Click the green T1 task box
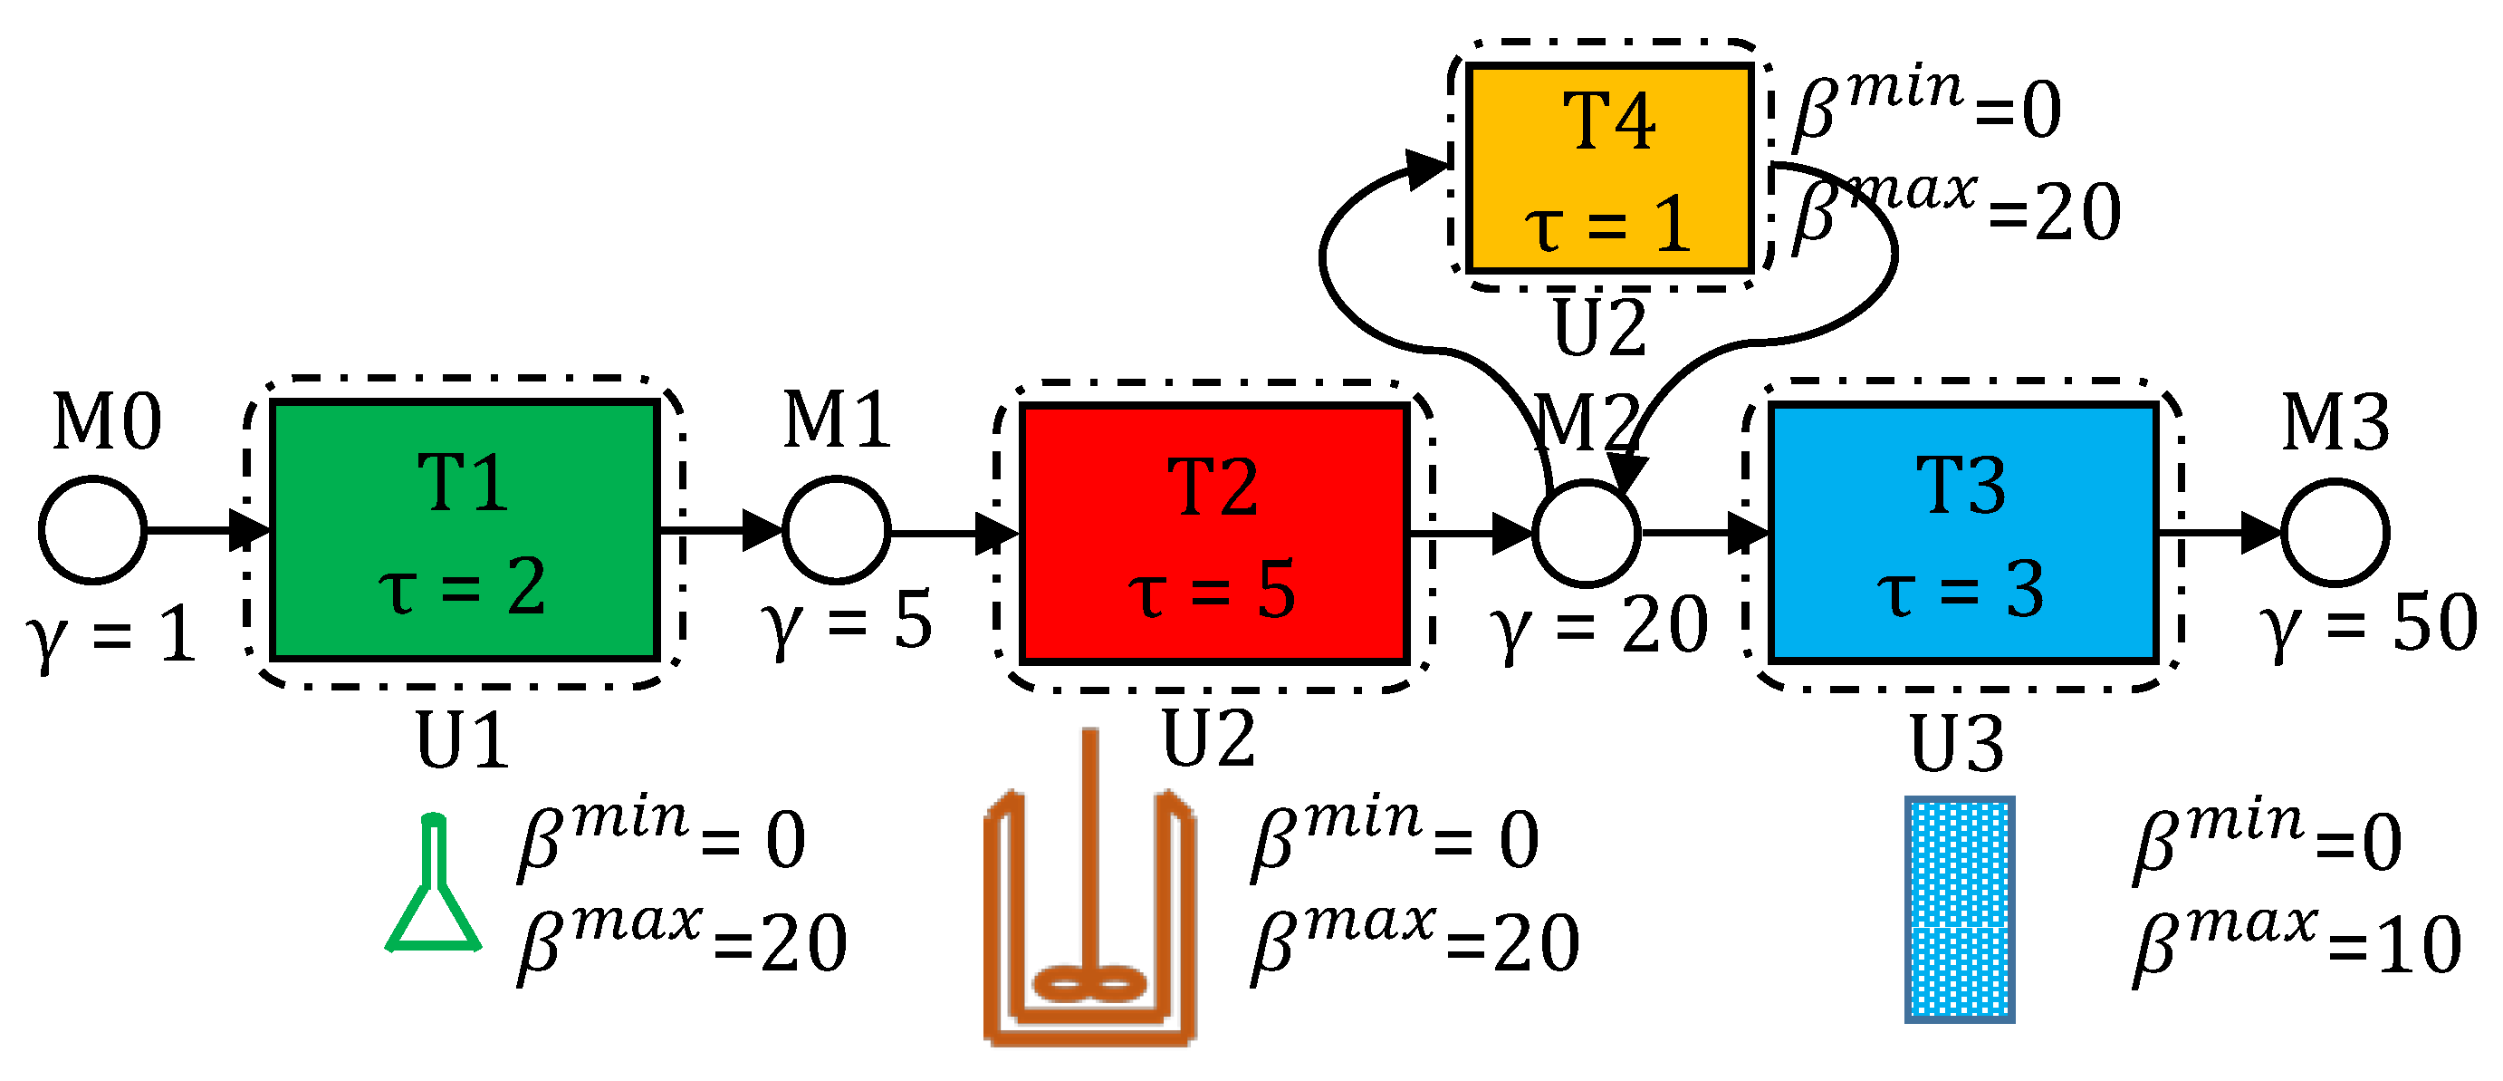tap(465, 530)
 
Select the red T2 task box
tap(1214, 533)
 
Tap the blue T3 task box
tap(1962, 533)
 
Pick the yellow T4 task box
tap(1609, 168)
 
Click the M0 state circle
tap(93, 530)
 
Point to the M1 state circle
tap(837, 530)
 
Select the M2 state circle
tap(1587, 533)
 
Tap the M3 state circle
tap(2335, 533)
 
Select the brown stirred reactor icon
tap(1090, 919)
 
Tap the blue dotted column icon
tap(1959, 909)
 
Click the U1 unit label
tap(463, 741)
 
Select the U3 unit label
tap(1957, 745)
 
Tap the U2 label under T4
tap(1599, 329)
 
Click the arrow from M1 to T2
tap(953, 533)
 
